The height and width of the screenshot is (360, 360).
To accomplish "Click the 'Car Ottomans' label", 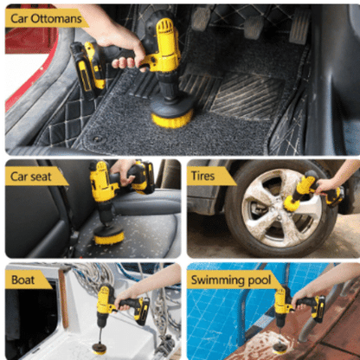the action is pyautogui.click(x=46, y=19).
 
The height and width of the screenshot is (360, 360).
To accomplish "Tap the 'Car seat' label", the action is pyautogui.click(x=30, y=177).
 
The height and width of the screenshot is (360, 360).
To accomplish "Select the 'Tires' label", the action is pyautogui.click(x=202, y=176).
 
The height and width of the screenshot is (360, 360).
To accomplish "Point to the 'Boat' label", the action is pyautogui.click(x=22, y=280).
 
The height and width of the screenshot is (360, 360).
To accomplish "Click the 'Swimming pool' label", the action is pyautogui.click(x=231, y=280).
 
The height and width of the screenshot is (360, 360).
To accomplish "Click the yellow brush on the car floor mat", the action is pyautogui.click(x=172, y=119).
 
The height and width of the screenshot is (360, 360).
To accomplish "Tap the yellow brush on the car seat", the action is pyautogui.click(x=109, y=235).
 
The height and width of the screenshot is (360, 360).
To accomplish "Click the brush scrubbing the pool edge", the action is pyautogui.click(x=280, y=348).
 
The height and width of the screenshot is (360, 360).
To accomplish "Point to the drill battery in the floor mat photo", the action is pyautogui.click(x=87, y=68).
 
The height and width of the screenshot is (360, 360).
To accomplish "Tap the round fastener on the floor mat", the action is pyautogui.click(x=97, y=139).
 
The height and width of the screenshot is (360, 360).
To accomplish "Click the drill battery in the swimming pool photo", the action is pyautogui.click(x=318, y=309).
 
